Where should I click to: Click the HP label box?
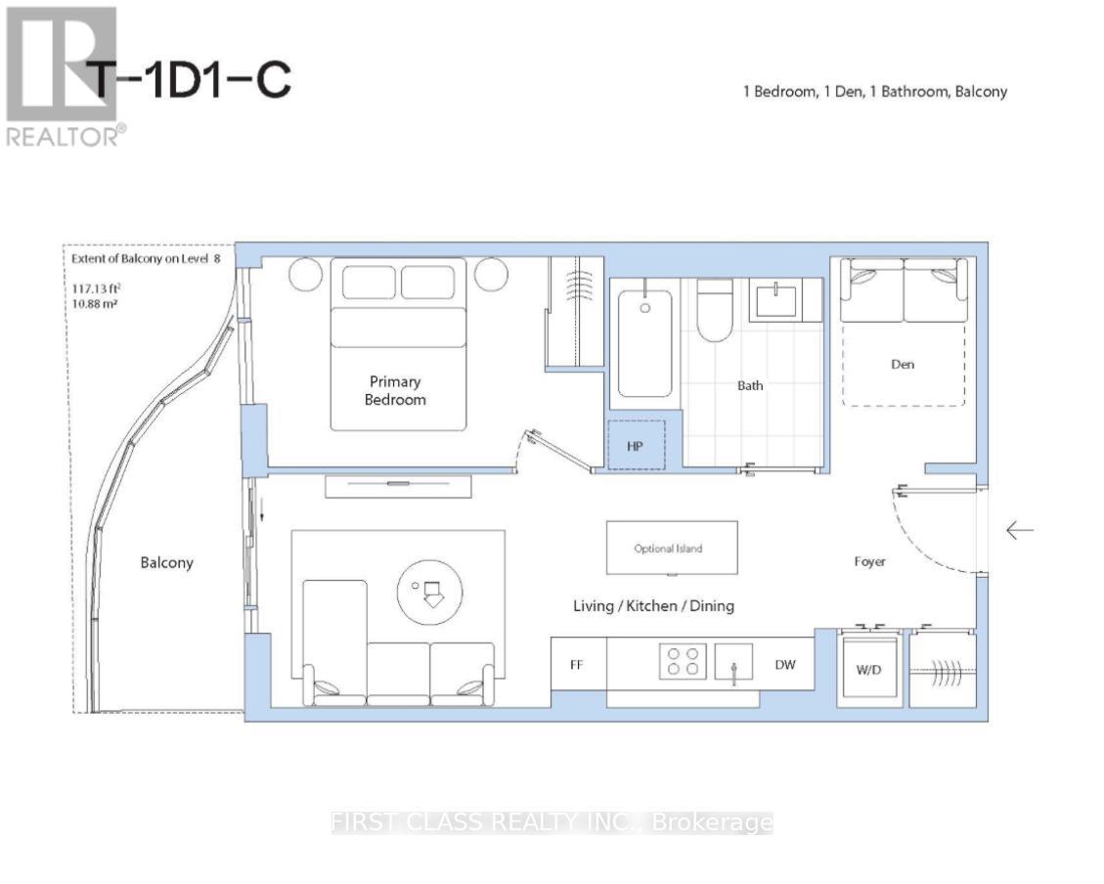click(x=636, y=445)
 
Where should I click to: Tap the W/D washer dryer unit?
click(x=869, y=668)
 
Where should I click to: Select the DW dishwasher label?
click(x=785, y=664)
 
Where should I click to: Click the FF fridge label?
click(x=577, y=664)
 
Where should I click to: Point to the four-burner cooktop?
click(x=683, y=662)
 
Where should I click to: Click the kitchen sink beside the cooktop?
click(x=733, y=662)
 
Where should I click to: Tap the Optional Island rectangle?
click(x=673, y=548)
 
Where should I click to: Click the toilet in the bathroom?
click(x=715, y=310)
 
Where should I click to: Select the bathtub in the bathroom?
click(x=645, y=344)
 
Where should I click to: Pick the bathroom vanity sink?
click(x=775, y=300)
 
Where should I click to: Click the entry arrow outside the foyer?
click(x=1020, y=530)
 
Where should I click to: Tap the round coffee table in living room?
click(x=429, y=592)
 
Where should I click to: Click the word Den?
click(x=903, y=364)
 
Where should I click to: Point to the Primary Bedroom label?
click(x=395, y=390)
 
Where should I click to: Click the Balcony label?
click(x=167, y=562)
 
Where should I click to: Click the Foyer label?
click(x=869, y=561)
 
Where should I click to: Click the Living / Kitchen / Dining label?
click(x=653, y=606)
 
